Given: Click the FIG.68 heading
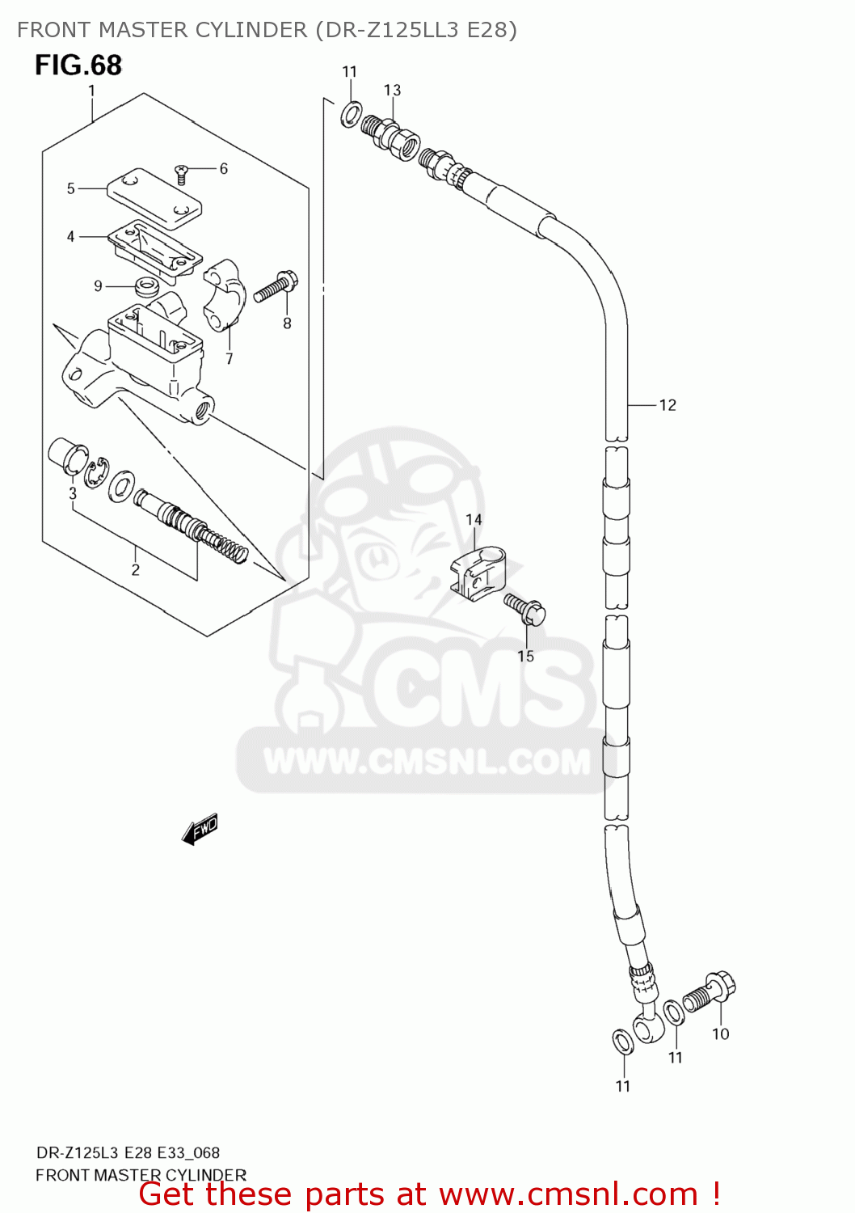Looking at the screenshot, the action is pyautogui.click(x=78, y=65).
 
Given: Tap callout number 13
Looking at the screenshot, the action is pyautogui.click(x=392, y=90).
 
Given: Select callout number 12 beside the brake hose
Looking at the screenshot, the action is pyautogui.click(x=668, y=405).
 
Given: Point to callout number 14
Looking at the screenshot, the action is pyautogui.click(x=474, y=519).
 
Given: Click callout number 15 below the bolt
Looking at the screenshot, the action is pyautogui.click(x=526, y=656).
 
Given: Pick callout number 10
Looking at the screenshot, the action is pyautogui.click(x=720, y=1033).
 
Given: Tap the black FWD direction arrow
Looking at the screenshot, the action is pyautogui.click(x=200, y=829).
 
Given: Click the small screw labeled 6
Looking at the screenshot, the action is pyautogui.click(x=182, y=170).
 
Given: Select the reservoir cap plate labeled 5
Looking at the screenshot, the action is pyautogui.click(x=152, y=194).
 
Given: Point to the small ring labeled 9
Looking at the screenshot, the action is pyautogui.click(x=146, y=285).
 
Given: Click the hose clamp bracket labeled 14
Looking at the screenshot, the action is pyautogui.click(x=478, y=573).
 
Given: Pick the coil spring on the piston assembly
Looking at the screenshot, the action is pyautogui.click(x=223, y=543).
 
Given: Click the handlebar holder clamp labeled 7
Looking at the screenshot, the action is pyautogui.click(x=223, y=295).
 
